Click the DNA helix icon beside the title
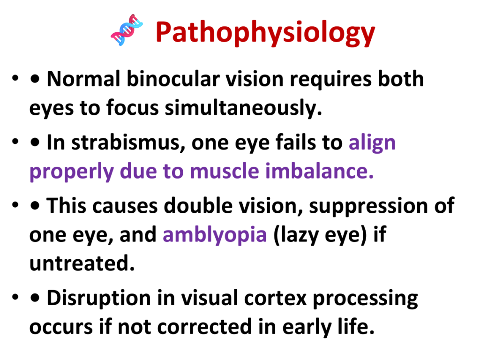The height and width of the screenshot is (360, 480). [127, 30]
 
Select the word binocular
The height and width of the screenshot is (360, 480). [173, 79]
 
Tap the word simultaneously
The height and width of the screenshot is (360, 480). [243, 108]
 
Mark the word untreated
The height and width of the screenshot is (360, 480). [82, 263]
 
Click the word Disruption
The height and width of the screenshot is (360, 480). [98, 298]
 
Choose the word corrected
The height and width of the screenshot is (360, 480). [204, 327]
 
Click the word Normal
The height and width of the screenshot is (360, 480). [83, 79]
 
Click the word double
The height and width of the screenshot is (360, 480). [198, 205]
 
